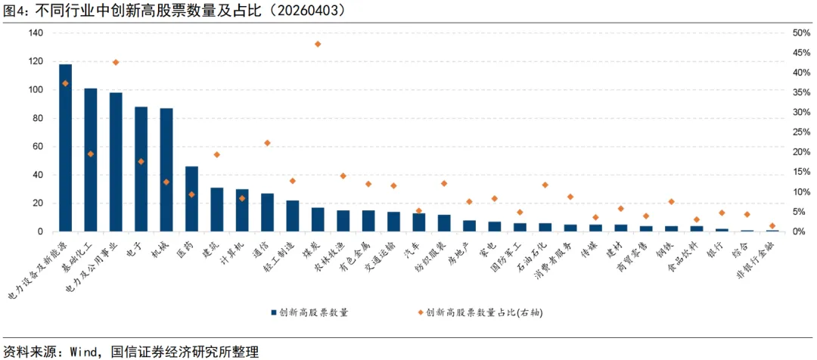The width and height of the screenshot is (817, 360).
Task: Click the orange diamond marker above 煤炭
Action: (318, 44)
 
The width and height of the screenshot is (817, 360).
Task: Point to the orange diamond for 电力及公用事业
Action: (116, 62)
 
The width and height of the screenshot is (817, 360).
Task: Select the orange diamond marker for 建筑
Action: (216, 154)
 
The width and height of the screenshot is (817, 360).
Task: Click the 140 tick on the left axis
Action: (36, 33)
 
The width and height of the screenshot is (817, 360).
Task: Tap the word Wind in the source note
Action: (85, 352)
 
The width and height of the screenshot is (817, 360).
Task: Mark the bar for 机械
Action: (166, 170)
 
